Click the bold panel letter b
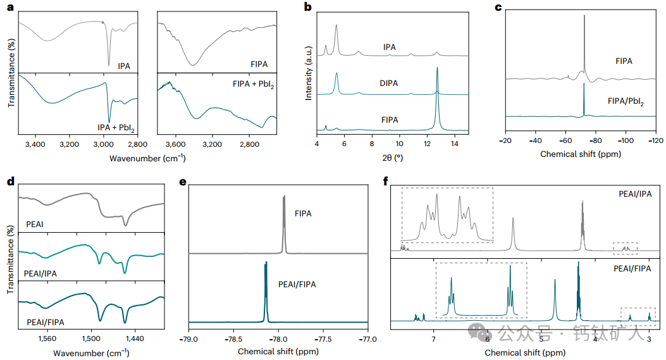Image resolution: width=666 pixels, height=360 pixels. point(308,8)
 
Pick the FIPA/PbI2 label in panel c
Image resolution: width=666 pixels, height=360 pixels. point(626,101)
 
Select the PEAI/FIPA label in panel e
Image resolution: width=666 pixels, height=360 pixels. point(297,285)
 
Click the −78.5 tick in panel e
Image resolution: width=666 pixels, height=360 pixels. point(233,339)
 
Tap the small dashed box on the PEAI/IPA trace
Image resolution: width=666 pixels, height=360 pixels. point(625,248)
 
